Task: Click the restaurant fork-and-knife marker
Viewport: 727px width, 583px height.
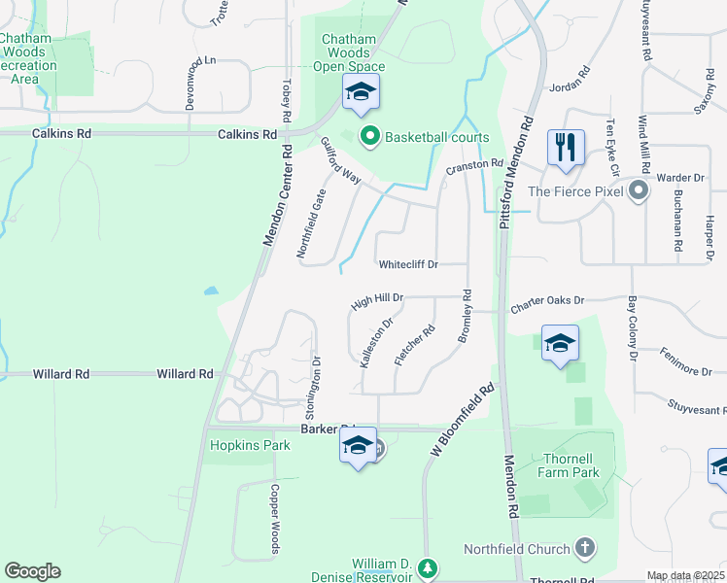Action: pyautogui.click(x=565, y=148)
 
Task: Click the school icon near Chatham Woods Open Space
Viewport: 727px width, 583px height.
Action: pyautogui.click(x=361, y=93)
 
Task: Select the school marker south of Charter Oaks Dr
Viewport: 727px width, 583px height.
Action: pyautogui.click(x=560, y=343)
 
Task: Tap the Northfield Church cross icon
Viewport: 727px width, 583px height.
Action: pyautogui.click(x=583, y=549)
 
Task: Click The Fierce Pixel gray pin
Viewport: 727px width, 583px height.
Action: pyautogui.click(x=638, y=190)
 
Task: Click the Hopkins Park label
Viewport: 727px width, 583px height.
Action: pyautogui.click(x=251, y=446)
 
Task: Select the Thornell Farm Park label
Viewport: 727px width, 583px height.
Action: pyautogui.click(x=570, y=465)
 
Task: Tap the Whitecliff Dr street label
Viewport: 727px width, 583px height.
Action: pyautogui.click(x=408, y=264)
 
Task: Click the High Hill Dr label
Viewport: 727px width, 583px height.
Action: pyautogui.click(x=377, y=300)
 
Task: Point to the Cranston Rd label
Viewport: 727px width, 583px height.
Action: pyautogui.click(x=474, y=168)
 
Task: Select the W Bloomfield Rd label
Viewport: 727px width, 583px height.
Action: pyautogui.click(x=463, y=420)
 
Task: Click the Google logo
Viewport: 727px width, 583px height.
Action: pyautogui.click(x=32, y=571)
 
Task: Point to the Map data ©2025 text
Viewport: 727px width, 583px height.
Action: pyautogui.click(x=684, y=576)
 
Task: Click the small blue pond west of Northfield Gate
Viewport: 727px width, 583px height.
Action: pyautogui.click(x=210, y=291)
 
